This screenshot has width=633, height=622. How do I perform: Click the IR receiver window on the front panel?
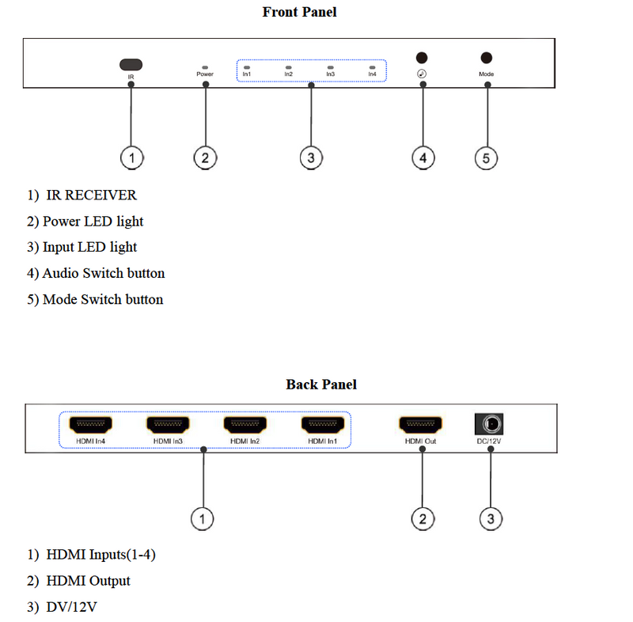click(x=131, y=63)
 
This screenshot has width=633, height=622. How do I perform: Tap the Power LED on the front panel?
click(x=205, y=68)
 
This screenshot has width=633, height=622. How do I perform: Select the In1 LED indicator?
click(x=247, y=68)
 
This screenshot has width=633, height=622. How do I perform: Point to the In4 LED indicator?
click(x=372, y=68)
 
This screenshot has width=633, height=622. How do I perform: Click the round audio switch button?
click(x=423, y=58)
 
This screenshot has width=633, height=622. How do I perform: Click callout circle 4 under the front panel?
click(x=423, y=158)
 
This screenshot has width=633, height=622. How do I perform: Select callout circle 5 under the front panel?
click(x=486, y=158)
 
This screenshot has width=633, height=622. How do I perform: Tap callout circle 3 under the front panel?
click(x=311, y=158)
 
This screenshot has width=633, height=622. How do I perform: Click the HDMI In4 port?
click(x=90, y=423)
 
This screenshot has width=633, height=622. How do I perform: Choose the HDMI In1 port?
click(x=323, y=423)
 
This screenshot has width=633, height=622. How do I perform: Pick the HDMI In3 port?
click(x=168, y=423)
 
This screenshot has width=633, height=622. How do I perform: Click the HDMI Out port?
click(x=420, y=423)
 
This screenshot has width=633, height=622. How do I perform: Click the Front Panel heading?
click(x=299, y=12)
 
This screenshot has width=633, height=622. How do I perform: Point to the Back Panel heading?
click(x=321, y=385)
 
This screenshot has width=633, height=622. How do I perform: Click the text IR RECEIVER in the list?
click(x=91, y=195)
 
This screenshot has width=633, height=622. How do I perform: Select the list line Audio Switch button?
click(x=103, y=274)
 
